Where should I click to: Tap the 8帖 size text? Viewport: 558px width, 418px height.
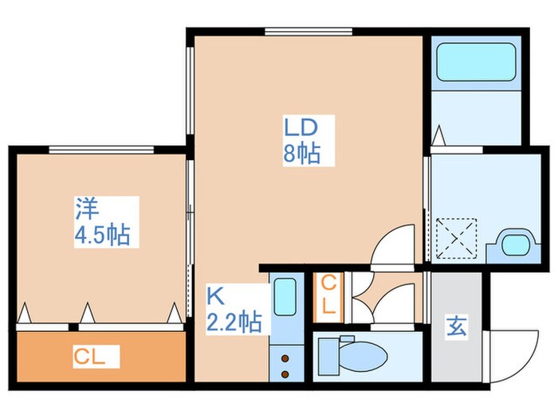click(x=302, y=153)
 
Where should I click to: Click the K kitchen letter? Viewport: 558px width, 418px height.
click(x=214, y=296)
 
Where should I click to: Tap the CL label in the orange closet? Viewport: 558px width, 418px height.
click(x=89, y=355)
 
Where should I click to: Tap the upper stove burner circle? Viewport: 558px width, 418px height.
click(x=284, y=358)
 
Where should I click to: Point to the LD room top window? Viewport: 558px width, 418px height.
click(x=308, y=32)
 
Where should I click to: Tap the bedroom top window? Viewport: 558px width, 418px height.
click(x=100, y=149)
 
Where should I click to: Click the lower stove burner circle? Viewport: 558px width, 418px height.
click(x=284, y=373)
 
